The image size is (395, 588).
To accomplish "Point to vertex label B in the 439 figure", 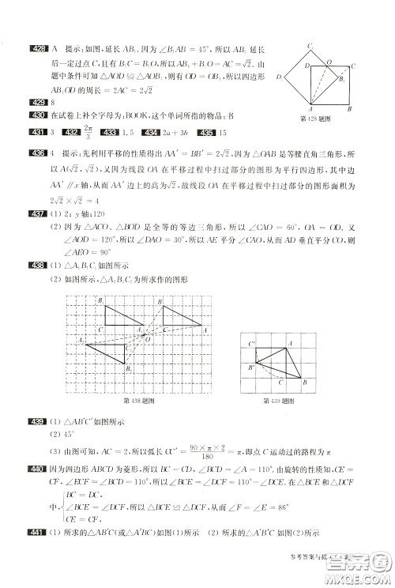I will [x=305, y=384].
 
